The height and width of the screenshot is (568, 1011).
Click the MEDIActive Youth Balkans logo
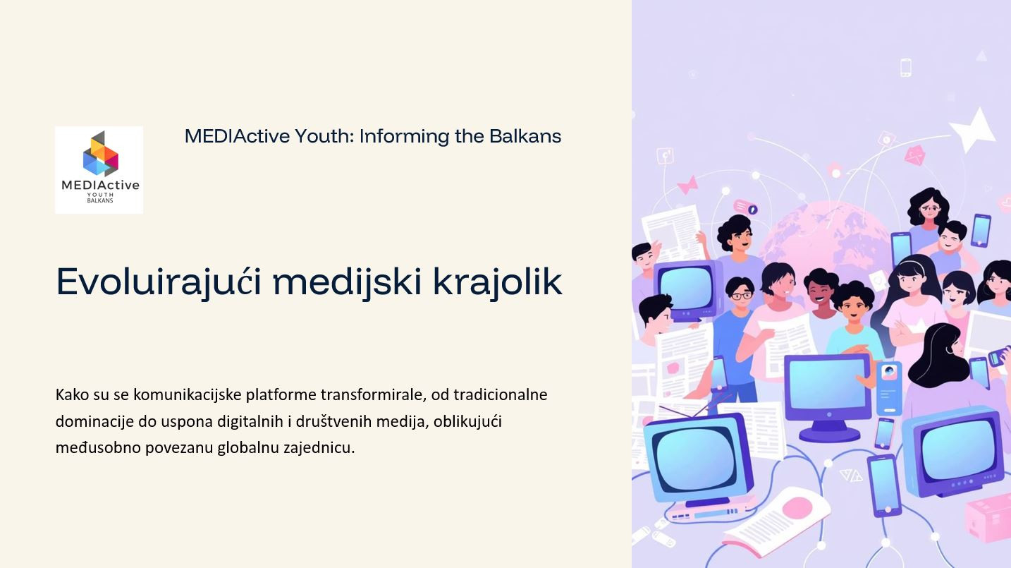tap(99, 170)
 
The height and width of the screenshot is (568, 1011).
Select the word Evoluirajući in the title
tap(159, 282)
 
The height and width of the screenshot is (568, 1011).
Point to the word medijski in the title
tap(347, 282)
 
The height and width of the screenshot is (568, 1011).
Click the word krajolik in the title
tap(497, 282)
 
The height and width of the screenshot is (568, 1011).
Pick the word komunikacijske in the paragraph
tap(188, 395)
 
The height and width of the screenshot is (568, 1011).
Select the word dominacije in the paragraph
tap(94, 422)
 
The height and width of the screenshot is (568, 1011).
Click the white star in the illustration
tap(974, 130)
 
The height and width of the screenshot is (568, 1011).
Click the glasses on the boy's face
tap(741, 296)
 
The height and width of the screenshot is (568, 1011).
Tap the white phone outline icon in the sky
tap(906, 68)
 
